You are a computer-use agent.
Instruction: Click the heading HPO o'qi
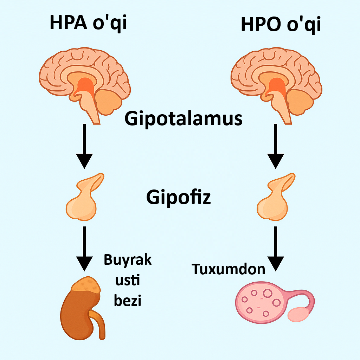(281, 25)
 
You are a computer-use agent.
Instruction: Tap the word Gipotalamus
(184, 119)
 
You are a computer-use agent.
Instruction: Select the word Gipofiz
(179, 198)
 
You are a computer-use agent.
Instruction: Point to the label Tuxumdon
(228, 269)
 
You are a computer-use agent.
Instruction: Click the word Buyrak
(128, 261)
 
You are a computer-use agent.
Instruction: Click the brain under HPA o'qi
(84, 79)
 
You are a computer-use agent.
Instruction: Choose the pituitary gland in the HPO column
(275, 199)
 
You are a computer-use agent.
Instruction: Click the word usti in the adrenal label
(128, 281)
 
